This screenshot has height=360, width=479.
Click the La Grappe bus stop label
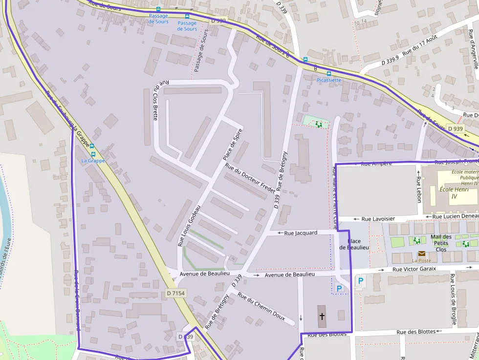[93, 161]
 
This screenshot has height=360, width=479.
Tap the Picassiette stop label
[329, 80]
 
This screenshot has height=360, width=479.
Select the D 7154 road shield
[175, 293]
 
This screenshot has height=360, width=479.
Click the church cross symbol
[322, 317]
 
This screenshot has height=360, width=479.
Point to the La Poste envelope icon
[421, 254]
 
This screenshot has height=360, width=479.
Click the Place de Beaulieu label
[354, 244]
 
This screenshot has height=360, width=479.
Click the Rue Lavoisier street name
[377, 219]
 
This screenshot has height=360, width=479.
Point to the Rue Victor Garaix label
[414, 269]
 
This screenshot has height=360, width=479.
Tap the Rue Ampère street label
[376, 164]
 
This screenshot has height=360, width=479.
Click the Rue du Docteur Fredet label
[250, 178]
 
